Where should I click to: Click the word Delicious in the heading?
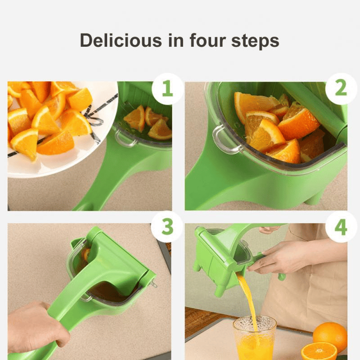click(x=121, y=40)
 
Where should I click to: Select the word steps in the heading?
click(x=255, y=41)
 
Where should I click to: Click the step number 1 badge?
click(x=167, y=89)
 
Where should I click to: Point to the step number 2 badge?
click(x=341, y=88)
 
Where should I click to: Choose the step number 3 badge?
click(x=167, y=227)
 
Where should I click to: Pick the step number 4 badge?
click(x=341, y=227)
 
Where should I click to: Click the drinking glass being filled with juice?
click(x=255, y=337)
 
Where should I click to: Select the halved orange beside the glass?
click(x=319, y=351)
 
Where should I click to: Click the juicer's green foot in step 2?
click(x=315, y=198)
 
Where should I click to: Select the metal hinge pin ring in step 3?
click(x=153, y=284)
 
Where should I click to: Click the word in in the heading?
click(x=176, y=40)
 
